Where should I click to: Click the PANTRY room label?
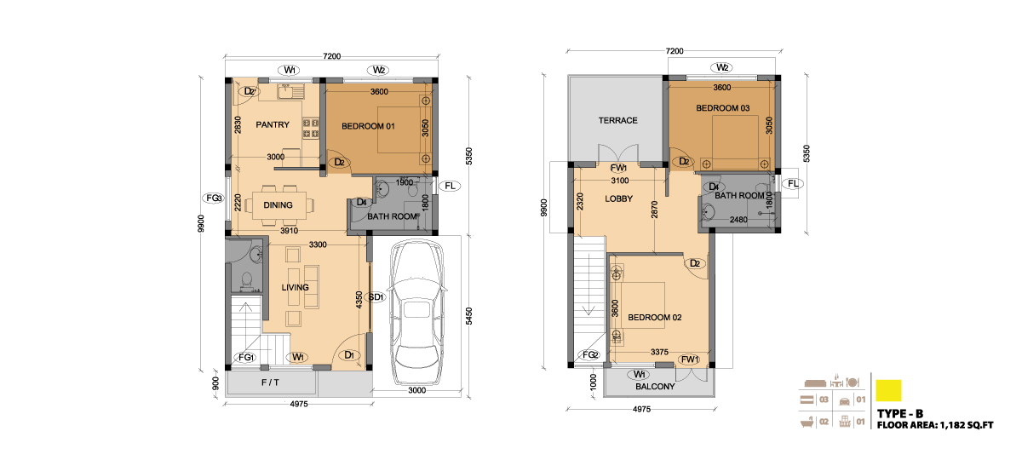coord(273,124)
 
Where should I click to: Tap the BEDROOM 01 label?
coord(368,126)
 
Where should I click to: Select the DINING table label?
coord(278,205)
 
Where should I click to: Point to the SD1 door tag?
coord(376,297)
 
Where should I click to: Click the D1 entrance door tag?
coord(349,355)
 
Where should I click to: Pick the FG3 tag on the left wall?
coord(214,198)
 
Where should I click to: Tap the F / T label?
coord(270,382)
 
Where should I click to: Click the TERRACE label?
coord(617,120)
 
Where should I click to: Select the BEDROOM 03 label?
coord(723,108)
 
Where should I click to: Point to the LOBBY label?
coord(618,199)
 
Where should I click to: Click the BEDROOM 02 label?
coord(655,318)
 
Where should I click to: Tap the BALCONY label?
coord(655,387)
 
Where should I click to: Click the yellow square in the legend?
coord(889,391)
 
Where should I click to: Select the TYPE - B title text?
coord(900,414)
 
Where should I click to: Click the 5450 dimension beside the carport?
coord(469,316)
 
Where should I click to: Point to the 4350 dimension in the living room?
coord(359,300)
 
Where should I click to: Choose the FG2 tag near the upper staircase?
coord(589,355)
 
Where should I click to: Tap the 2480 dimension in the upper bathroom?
coord(738,220)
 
